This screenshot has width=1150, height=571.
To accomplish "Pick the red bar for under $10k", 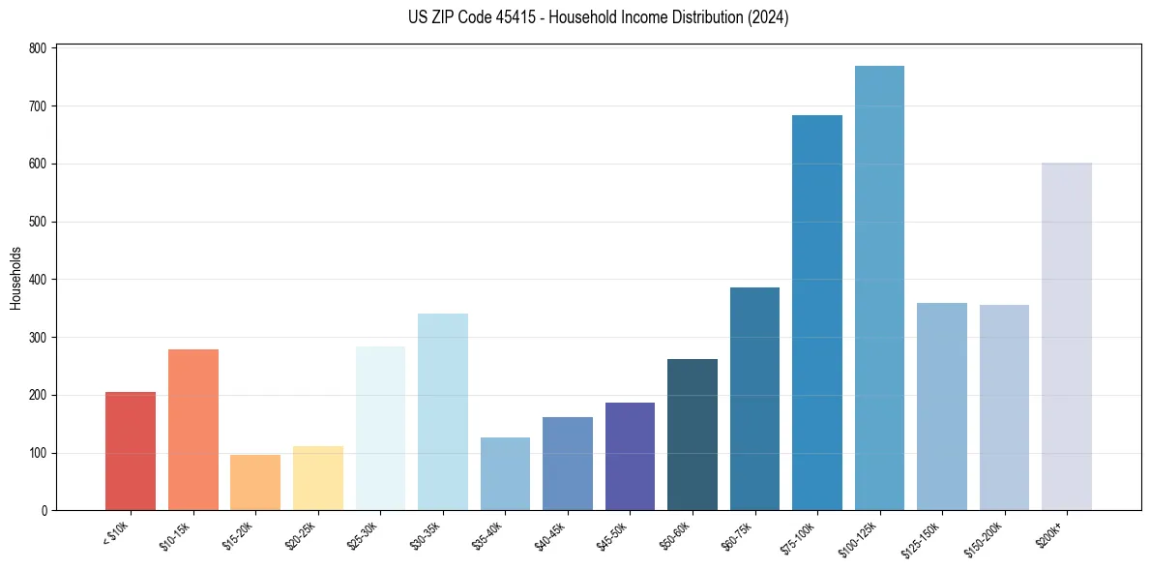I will [x=131, y=451].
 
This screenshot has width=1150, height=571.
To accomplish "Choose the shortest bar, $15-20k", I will [x=255, y=483].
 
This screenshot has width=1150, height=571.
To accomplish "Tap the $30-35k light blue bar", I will [x=443, y=412].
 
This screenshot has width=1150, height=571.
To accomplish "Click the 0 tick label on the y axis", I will [x=44, y=511].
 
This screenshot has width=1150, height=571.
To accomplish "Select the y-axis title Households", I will [x=15, y=279].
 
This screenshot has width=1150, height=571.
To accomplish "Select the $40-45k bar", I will [x=568, y=464].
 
